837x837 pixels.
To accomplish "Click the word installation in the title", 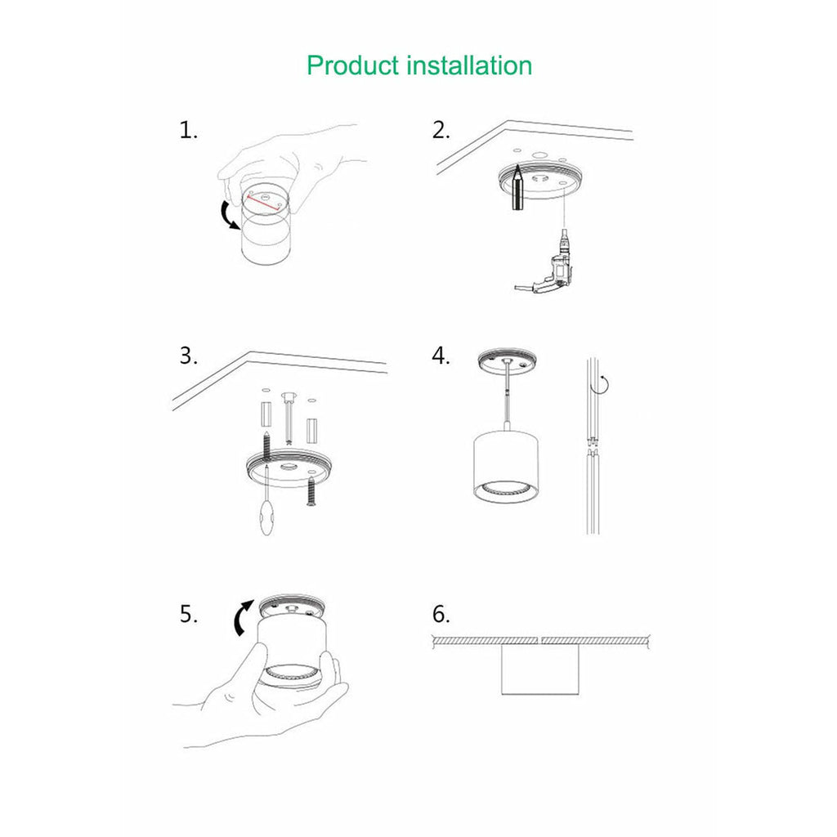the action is pos(469,65).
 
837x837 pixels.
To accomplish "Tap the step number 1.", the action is pos(189,130).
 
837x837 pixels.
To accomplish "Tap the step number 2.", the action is pos(441,130).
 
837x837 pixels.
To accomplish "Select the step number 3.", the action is pos(189,356).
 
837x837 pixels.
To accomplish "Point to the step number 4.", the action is pos(441,356).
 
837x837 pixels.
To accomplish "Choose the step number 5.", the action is pos(189,615).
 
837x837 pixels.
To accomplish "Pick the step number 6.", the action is pos(441,615).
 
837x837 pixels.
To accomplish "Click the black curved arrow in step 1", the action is pos(228,216).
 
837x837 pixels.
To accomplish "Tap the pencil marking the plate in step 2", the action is pos(518,188).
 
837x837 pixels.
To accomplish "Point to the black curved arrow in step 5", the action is pos(243,617).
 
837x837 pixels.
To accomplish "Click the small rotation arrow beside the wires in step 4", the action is pos(604,384).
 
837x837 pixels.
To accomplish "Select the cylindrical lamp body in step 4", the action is pos(505,465).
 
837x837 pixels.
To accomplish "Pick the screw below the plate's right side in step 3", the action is pos(310,491).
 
